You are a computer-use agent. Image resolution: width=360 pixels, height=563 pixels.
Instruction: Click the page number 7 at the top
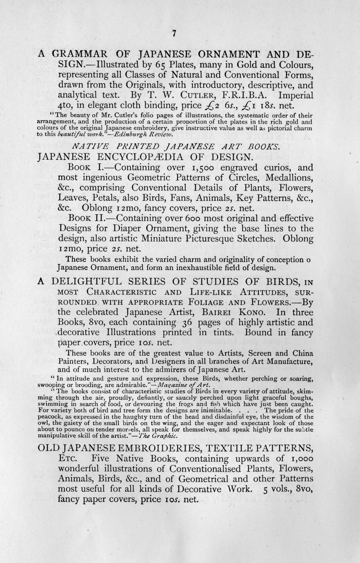174,34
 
